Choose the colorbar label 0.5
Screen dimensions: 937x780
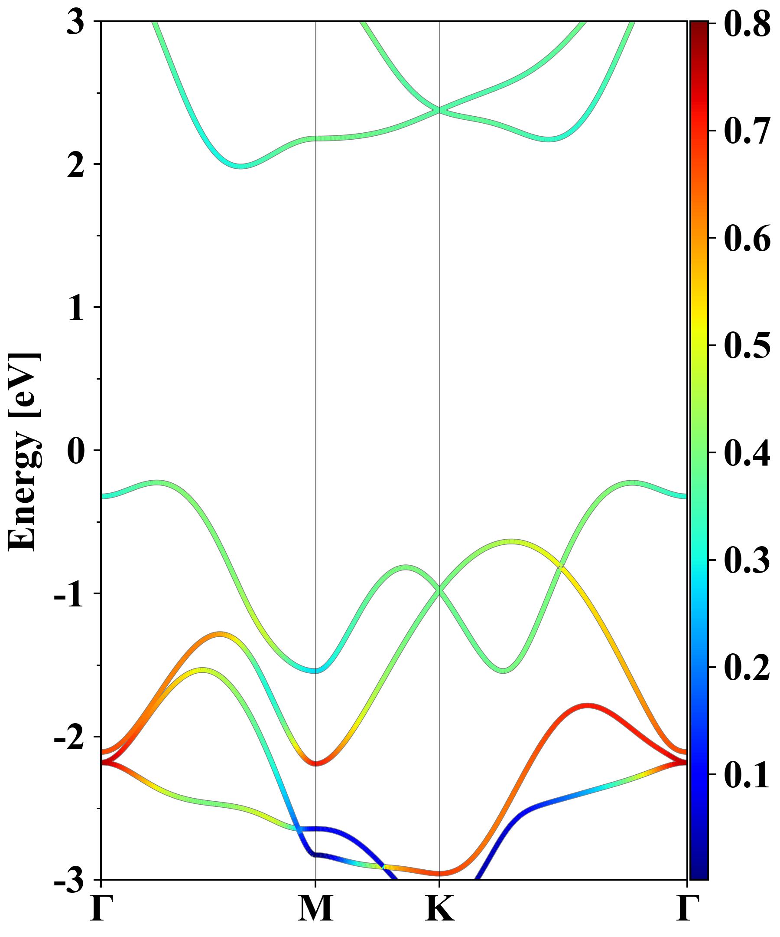747,345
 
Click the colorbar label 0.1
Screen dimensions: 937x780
747,775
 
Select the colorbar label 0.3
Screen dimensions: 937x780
747,560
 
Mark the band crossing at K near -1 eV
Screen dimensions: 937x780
440,590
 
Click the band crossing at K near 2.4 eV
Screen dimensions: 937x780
440,109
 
